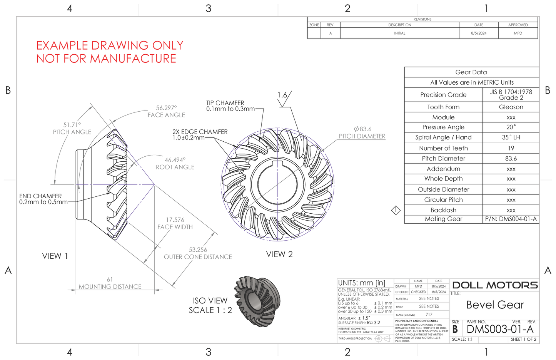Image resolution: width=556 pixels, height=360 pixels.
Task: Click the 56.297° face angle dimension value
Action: pyautogui.click(x=166, y=108)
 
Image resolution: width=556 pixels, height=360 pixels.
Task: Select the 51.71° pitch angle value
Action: pyautogui.click(x=72, y=125)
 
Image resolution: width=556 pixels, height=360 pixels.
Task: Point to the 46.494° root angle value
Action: pyautogui.click(x=175, y=160)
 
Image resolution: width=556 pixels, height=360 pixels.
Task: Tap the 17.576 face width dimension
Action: pyautogui.click(x=175, y=220)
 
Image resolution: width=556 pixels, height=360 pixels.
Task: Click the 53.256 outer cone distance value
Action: pyautogui.click(x=198, y=250)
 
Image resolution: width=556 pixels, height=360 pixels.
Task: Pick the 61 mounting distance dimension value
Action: pyautogui.click(x=110, y=280)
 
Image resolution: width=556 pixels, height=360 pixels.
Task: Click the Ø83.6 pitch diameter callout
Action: pyautogui.click(x=362, y=129)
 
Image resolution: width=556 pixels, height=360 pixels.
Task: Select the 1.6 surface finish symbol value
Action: pyautogui.click(x=282, y=95)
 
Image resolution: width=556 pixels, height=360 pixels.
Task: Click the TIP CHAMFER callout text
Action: pyautogui.click(x=225, y=103)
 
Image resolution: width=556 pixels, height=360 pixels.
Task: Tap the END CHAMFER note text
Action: pyautogui.click(x=40, y=196)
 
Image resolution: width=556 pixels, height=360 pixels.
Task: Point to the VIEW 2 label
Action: pyautogui.click(x=279, y=255)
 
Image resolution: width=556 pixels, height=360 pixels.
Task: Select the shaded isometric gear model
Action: pyautogui.click(x=257, y=301)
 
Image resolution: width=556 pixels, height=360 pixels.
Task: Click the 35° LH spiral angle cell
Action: pyautogui.click(x=511, y=137)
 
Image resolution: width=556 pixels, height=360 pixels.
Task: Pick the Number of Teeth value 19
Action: pyautogui.click(x=511, y=148)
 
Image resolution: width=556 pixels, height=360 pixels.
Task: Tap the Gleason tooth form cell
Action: pyautogui.click(x=511, y=107)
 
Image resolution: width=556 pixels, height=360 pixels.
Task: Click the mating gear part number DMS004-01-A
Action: pyautogui.click(x=511, y=219)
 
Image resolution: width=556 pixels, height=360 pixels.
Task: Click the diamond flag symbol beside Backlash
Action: pyautogui.click(x=396, y=210)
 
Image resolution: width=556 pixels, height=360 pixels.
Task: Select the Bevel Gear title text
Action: pyautogui.click(x=495, y=305)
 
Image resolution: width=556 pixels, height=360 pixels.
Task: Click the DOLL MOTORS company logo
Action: pyautogui.click(x=495, y=285)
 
